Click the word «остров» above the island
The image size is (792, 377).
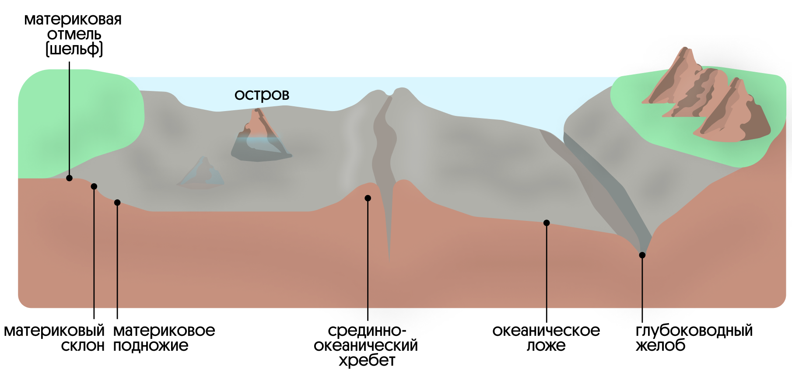coord(262,94)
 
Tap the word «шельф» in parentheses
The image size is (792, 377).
coord(74,49)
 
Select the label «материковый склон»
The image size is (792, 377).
coord(54,338)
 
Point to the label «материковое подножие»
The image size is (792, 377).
coord(164,338)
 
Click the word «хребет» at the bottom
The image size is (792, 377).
coord(367,361)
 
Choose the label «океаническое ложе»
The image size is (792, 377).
coord(546,338)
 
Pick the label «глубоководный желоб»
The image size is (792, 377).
coord(694,338)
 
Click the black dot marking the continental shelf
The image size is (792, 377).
coord(69,178)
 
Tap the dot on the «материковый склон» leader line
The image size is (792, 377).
coord(94,186)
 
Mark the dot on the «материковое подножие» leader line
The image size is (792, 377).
coord(117,202)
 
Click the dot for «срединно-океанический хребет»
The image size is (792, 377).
coord(368,198)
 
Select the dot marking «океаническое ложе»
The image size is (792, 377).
coord(547,223)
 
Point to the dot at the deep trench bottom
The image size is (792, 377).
coord(642,255)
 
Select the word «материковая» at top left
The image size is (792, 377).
coord(73,20)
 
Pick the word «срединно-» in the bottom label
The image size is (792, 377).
coord(367,331)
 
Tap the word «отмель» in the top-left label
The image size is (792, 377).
coord(74,34)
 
